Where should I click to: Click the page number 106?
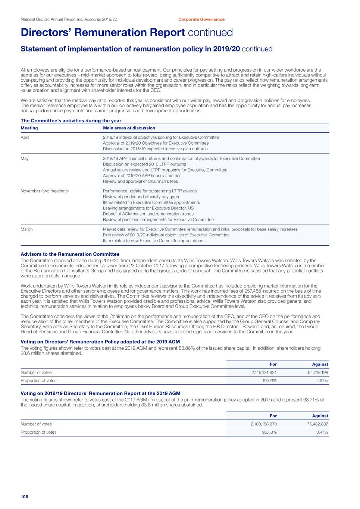pos(24,496)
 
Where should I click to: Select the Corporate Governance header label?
pos(201,19)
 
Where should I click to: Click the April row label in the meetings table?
pos(25,137)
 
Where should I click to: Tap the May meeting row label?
pos(25,158)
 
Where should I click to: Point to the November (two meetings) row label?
pos(45,191)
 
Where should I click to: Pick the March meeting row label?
pos(26,229)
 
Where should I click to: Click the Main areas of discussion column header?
pos(129,128)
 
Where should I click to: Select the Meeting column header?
pos(29,128)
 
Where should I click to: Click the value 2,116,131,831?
pos(264,373)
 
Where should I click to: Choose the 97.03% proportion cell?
pos(270,381)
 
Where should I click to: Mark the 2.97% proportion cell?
pos(322,381)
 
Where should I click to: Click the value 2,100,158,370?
pos(264,424)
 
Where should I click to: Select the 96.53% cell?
pos(270,432)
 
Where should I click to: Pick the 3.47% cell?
pos(322,432)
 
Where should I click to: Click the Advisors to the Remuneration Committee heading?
pos(70,254)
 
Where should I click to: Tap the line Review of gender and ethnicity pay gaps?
pos(141,197)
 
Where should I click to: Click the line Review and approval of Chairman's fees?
pos(140,182)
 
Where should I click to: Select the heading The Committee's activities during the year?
pos(71,121)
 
